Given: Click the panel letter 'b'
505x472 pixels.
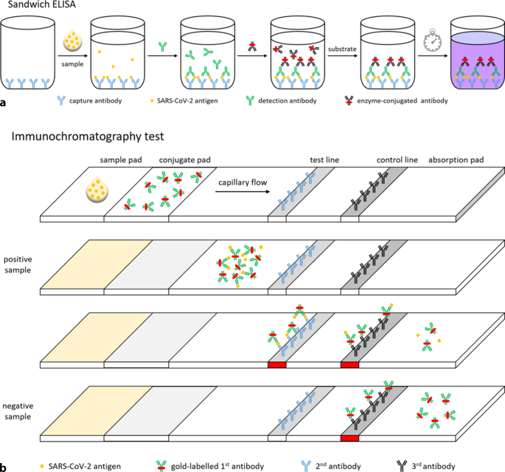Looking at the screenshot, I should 5,465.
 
